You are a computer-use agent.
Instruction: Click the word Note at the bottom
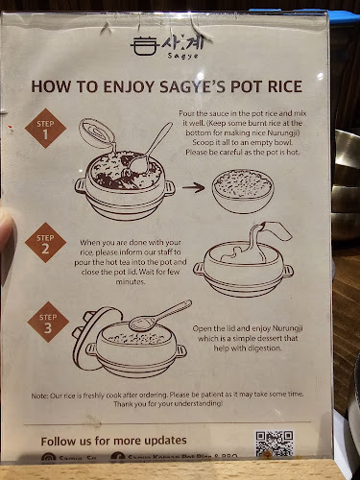40,396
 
